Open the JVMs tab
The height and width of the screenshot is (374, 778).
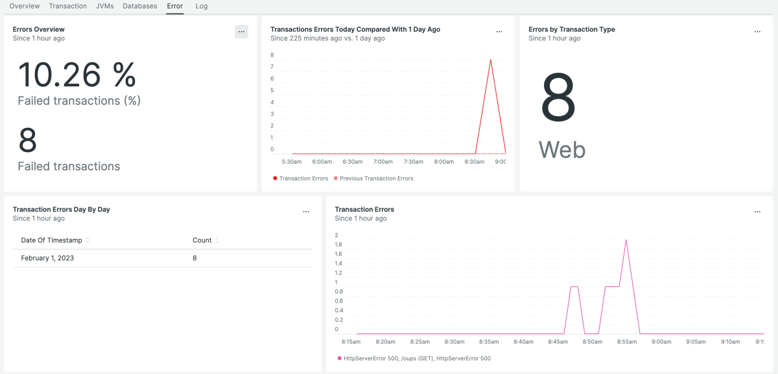(x=104, y=6)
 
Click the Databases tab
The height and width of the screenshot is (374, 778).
(x=139, y=6)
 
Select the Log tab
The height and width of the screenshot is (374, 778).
(x=201, y=6)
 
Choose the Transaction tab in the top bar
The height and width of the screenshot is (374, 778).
(x=68, y=6)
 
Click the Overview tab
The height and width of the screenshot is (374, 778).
(x=25, y=6)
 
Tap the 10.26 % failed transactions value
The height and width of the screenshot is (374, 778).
(x=77, y=75)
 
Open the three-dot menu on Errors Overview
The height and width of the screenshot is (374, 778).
(x=241, y=32)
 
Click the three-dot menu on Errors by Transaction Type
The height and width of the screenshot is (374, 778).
(x=757, y=32)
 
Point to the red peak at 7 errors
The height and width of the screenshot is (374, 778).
(x=490, y=60)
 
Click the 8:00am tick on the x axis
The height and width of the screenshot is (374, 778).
(x=444, y=162)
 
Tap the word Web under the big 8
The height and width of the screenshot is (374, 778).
(x=561, y=150)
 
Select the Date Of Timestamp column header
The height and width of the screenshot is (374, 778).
(x=51, y=240)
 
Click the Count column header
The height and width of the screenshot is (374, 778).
(x=202, y=240)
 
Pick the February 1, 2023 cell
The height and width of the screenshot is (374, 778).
(x=47, y=258)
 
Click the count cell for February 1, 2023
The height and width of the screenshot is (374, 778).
(x=194, y=258)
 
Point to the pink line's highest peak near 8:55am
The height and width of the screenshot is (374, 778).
(x=626, y=240)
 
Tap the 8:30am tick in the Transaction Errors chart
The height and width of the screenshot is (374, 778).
(x=454, y=342)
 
